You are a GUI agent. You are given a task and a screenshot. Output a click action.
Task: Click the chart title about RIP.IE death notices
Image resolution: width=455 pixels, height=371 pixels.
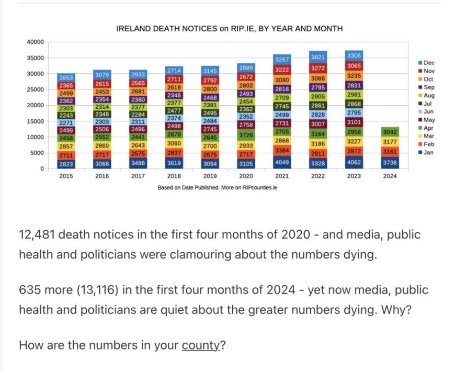[x=229, y=28]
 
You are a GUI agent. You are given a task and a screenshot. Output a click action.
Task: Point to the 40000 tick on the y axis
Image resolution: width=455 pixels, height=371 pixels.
[x=36, y=42]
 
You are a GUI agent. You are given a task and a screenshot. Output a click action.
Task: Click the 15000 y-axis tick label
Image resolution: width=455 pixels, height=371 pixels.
[x=36, y=121]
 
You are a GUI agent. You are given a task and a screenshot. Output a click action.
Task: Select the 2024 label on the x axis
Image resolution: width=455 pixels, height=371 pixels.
[x=390, y=176]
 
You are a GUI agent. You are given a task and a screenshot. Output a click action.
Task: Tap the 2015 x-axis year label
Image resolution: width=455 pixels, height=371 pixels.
[x=66, y=176]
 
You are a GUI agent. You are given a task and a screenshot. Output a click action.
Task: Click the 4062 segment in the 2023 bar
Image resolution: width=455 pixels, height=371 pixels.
[x=354, y=162]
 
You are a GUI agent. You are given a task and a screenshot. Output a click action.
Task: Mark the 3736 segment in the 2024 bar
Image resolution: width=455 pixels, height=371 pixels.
[x=390, y=163]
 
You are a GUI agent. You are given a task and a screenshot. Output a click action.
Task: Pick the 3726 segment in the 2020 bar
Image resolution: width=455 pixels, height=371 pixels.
[x=246, y=136]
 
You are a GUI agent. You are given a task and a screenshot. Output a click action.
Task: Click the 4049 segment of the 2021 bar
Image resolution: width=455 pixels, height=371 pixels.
[x=282, y=162]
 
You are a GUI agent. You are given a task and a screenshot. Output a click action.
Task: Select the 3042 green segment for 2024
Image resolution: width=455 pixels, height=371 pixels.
[x=390, y=131]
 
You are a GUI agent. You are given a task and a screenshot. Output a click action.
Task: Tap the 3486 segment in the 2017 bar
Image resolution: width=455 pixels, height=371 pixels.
[x=138, y=163]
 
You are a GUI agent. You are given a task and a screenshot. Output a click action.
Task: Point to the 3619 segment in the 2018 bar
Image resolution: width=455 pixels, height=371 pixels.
[x=174, y=163]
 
